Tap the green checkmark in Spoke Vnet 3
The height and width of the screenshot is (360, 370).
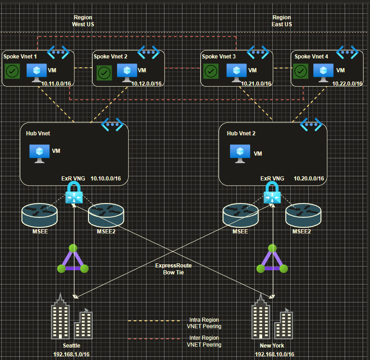[211, 71]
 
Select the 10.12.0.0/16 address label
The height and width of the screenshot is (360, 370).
[147, 84]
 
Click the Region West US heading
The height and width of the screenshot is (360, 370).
[83, 21]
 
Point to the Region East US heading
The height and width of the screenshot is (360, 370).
[282, 21]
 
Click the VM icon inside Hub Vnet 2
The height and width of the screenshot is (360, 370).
[240, 154]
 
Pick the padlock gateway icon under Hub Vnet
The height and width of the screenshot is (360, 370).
[74, 193]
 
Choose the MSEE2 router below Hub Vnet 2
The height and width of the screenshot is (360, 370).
[303, 215]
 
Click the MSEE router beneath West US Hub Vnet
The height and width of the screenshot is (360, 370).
[40, 215]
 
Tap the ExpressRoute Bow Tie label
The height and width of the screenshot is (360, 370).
[173, 269]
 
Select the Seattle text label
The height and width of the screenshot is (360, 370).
[71, 346]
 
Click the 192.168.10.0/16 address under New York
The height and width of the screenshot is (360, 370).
[275, 354]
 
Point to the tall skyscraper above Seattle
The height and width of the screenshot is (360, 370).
[60, 316]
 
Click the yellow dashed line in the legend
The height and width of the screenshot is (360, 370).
[154, 321]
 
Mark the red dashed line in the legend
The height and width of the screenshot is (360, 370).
[154, 339]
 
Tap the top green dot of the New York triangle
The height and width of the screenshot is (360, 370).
[272, 248]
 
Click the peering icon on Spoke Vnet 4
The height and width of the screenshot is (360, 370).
[347, 52]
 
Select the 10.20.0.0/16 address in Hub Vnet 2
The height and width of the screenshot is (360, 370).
[309, 179]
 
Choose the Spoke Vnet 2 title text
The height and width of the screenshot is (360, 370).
[111, 57]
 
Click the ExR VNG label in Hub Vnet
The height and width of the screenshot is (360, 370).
[73, 179]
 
